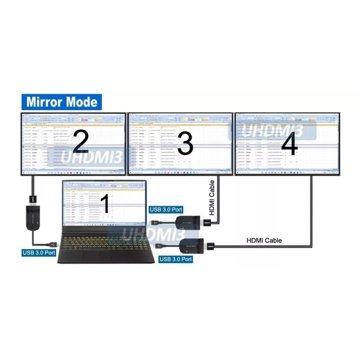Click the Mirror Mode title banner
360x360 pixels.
coord(62,102)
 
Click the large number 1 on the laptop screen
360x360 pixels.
coord(105,204)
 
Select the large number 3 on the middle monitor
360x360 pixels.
coord(185,144)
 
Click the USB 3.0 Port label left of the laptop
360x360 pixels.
coord(39,252)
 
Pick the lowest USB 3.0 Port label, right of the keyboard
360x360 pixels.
coord(175,259)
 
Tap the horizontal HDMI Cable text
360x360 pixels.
coord(264,240)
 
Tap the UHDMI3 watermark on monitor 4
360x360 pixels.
coord(272,130)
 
